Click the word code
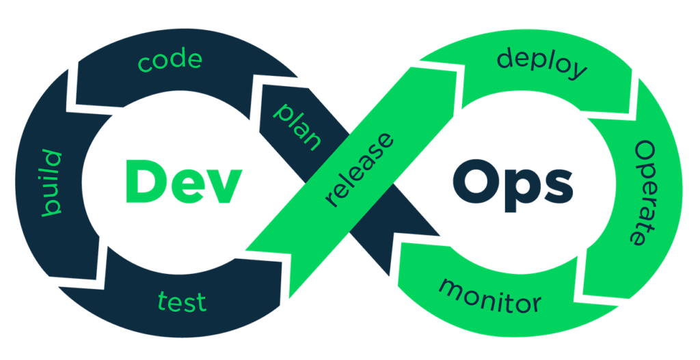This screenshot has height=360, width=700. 170,61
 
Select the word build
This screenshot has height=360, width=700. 52,183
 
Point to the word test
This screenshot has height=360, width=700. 182,301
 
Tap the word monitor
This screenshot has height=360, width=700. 489,294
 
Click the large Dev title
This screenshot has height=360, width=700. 183,181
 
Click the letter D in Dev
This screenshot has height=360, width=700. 142,181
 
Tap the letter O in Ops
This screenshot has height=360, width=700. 472,181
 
